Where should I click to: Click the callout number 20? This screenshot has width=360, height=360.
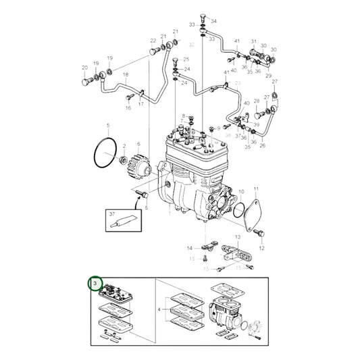[x=84, y=68]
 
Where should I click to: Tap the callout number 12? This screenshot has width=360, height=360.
[x=261, y=248]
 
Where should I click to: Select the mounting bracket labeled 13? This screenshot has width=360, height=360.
[x=239, y=257]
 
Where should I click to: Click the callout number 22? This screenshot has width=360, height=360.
[x=153, y=41]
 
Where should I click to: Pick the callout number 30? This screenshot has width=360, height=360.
[x=274, y=50]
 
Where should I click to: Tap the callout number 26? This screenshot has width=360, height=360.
[x=262, y=145]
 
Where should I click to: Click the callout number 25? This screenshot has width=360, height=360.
[x=186, y=59]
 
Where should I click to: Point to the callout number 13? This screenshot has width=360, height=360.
[x=238, y=237]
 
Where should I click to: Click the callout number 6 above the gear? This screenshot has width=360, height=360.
[x=138, y=144]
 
